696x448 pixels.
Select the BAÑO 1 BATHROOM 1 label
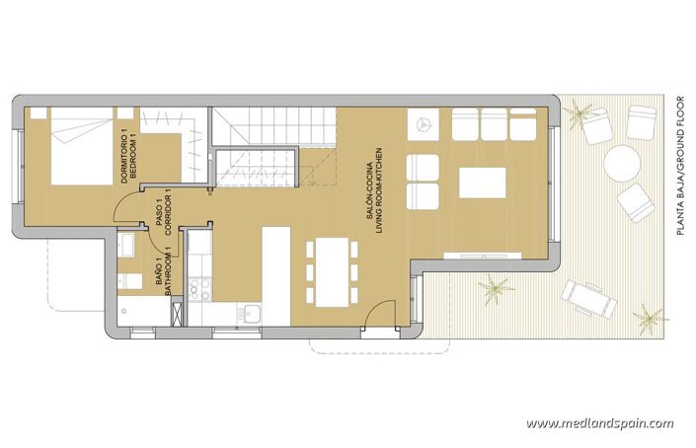pyautogui.click(x=161, y=266)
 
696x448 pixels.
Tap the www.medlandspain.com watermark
pyautogui.click(x=599, y=423)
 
